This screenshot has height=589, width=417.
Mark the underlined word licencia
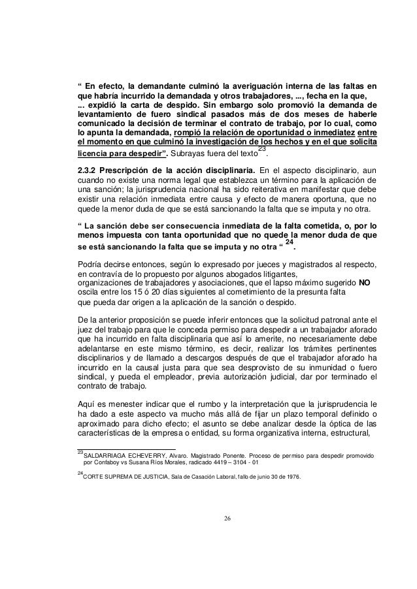point(94,155)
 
